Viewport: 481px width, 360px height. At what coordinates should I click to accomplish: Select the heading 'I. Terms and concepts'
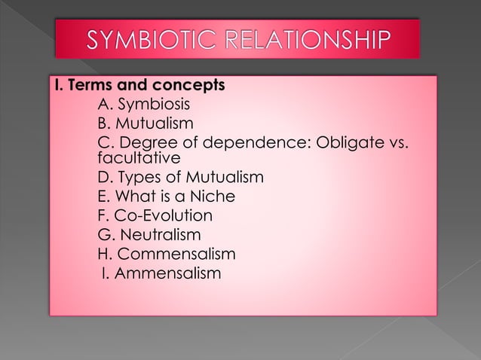click(139, 84)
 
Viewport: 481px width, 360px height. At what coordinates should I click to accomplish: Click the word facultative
click(139, 159)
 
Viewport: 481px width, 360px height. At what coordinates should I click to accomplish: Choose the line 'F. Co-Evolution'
click(155, 215)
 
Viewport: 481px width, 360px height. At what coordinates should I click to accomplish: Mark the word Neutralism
click(161, 234)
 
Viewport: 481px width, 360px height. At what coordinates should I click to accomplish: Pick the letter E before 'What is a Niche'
click(103, 197)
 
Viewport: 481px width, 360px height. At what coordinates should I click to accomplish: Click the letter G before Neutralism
click(104, 234)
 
